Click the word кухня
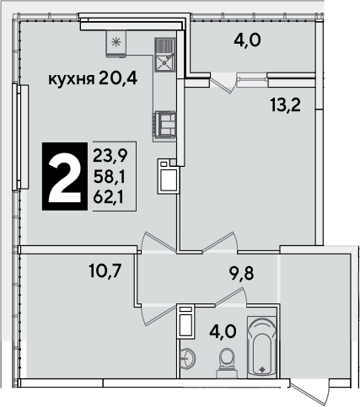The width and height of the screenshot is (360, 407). [x=72, y=79]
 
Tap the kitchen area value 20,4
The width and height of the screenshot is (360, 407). [x=118, y=78]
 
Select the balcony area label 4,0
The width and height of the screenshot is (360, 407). [x=247, y=40]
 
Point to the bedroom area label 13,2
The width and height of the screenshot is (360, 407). [x=285, y=105]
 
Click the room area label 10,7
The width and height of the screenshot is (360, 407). [x=105, y=271]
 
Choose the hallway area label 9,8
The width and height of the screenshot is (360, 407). [x=241, y=273]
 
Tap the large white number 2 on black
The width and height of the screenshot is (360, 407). [x=65, y=176]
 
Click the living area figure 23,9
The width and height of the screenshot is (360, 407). [x=110, y=155]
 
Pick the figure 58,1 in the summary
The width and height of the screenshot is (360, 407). [x=109, y=176]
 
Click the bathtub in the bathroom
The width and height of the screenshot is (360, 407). [x=261, y=347]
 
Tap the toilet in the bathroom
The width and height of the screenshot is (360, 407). [x=227, y=363]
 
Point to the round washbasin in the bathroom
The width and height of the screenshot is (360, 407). [x=187, y=358]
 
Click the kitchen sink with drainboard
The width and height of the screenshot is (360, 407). [x=164, y=55]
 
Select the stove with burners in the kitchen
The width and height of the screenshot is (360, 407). [x=164, y=126]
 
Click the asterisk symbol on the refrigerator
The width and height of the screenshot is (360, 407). [x=116, y=42]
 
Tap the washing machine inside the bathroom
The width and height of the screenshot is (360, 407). [x=186, y=322]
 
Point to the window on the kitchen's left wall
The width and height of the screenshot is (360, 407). [x=20, y=137]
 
